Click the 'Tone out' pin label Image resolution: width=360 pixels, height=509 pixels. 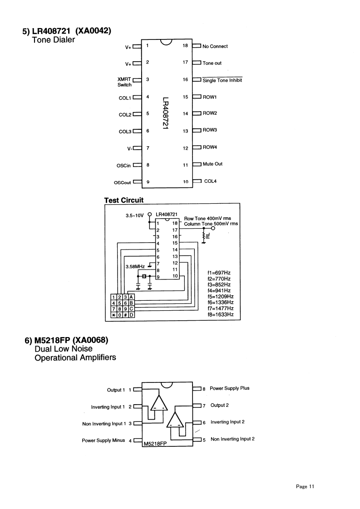tap(212, 63)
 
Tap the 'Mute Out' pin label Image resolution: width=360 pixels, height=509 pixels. tap(212, 164)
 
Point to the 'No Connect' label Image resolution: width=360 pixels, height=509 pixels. tap(215, 46)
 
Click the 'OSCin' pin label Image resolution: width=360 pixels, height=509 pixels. tap(123, 166)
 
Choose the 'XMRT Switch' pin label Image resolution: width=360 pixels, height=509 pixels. tap(124, 82)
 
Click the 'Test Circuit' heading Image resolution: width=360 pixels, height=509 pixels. tap(123, 200)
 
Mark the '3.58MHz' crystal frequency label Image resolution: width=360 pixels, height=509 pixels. tap(135, 266)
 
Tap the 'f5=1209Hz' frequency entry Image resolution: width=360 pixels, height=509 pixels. tap(220, 296)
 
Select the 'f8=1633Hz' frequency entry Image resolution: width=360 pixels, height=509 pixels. tap(220, 314)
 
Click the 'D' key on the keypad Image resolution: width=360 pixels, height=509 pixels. tap(131, 315)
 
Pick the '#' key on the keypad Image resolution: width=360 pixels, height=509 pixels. tap(125, 315)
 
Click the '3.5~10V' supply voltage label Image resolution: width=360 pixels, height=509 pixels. tap(135, 216)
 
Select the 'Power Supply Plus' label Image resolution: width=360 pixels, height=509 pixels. tap(229, 388)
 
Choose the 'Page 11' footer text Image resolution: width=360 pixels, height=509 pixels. tap(305, 487)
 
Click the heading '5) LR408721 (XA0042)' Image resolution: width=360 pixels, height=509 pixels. tap(67, 31)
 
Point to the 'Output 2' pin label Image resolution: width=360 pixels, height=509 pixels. tap(219, 405)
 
